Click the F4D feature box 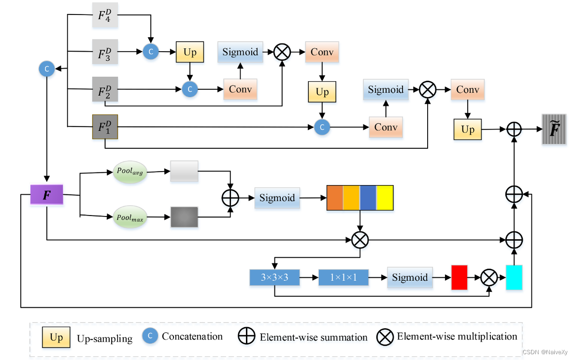[104, 15]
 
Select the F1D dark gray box [104, 126]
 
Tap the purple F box [47, 195]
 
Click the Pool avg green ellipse [130, 172]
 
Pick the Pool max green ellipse [130, 217]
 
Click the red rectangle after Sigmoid [459, 277]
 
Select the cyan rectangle [514, 277]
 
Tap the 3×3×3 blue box [274, 277]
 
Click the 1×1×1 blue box [343, 277]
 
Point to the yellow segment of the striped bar [385, 198]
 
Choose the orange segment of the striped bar [335, 198]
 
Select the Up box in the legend [56, 337]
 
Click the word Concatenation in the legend [192, 336]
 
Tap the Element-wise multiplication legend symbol [385, 337]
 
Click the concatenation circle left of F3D [47, 69]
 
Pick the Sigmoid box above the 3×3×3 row [277, 198]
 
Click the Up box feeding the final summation [467, 130]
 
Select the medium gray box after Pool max [184, 217]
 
